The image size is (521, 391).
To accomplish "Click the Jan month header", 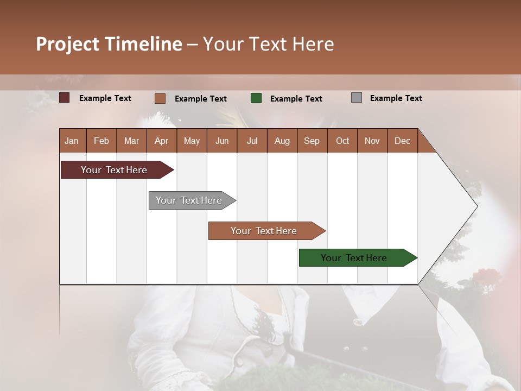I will click(72, 141).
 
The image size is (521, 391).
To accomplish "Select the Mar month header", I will click(131, 141).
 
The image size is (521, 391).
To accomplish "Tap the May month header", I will click(192, 141).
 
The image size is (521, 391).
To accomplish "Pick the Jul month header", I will click(252, 141).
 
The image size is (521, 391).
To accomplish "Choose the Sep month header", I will click(312, 141).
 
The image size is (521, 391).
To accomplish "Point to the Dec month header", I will click(402, 141).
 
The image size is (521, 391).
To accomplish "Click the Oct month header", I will click(342, 141).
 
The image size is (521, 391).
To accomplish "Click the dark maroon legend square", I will click(65, 98).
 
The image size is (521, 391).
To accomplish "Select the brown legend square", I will click(160, 98).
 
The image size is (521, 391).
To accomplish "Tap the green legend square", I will click(256, 98).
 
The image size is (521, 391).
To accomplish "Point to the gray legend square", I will click(357, 98).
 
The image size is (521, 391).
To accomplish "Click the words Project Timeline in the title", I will click(109, 44).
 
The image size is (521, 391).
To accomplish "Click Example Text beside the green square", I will click(296, 98).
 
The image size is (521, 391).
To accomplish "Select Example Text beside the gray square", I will click(396, 98).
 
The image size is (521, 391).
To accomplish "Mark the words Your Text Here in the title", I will click(268, 44).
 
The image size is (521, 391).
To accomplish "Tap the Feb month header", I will click(101, 141).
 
